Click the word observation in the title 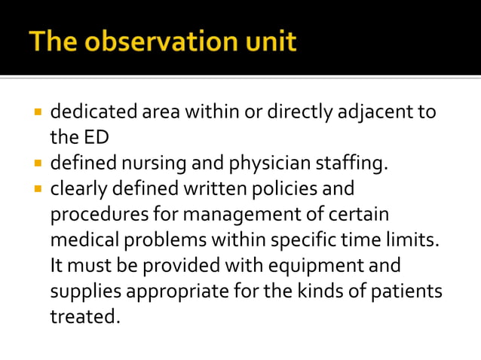point(156,41)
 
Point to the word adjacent point(368,113)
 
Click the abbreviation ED point(88,138)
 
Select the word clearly point(76,189)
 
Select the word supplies point(81,291)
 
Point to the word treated point(83,317)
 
